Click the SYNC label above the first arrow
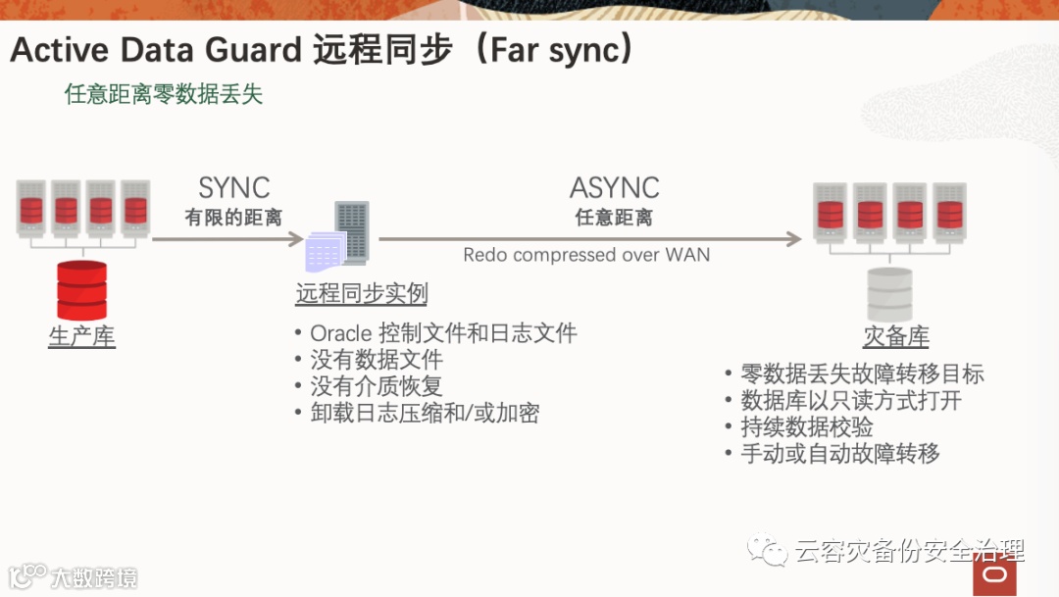pyautogui.click(x=233, y=187)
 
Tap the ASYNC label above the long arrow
pyautogui.click(x=614, y=187)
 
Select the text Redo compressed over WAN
pyautogui.click(x=586, y=255)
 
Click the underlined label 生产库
pyautogui.click(x=81, y=336)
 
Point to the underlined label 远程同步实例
pyautogui.click(x=361, y=294)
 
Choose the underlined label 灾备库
pyautogui.click(x=895, y=336)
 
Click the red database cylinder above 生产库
pyautogui.click(x=81, y=290)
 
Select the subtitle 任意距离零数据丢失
pyautogui.click(x=164, y=95)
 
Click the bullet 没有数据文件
pyautogui.click(x=377, y=360)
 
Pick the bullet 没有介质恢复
pyautogui.click(x=377, y=386)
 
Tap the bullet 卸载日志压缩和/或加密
pyautogui.click(x=425, y=413)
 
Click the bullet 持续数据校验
pyautogui.click(x=807, y=426)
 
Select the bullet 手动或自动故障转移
pyautogui.click(x=840, y=453)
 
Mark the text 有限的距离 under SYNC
pyautogui.click(x=233, y=218)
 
